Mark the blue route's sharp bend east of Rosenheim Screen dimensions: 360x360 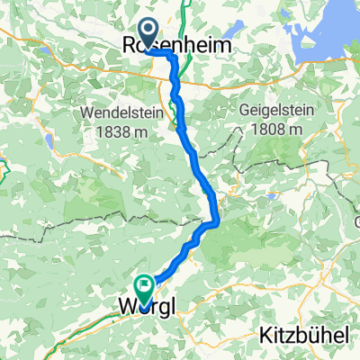coord(171,54)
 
